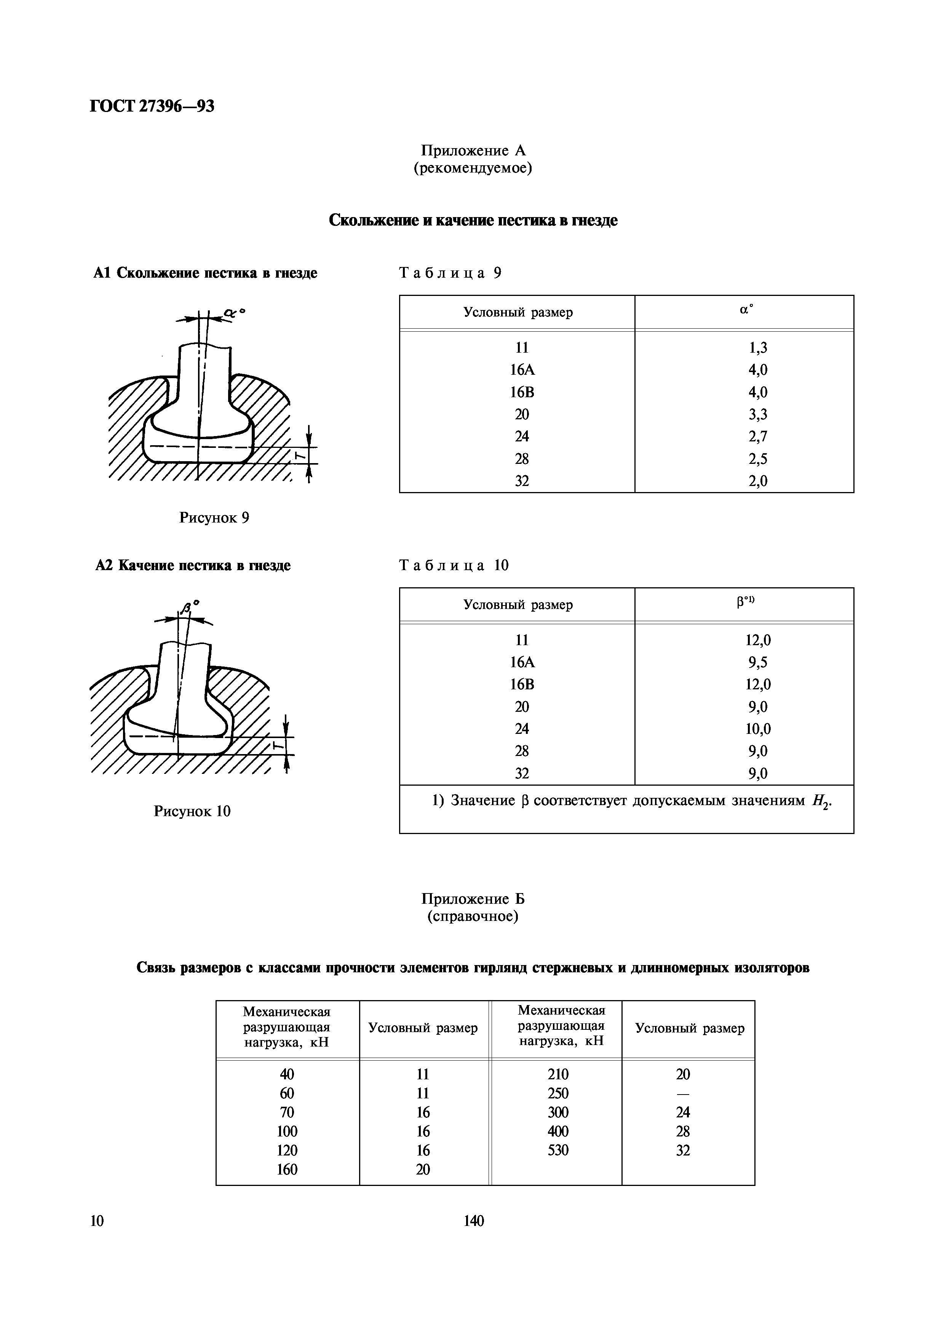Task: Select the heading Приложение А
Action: (x=473, y=151)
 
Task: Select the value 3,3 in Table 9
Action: (x=758, y=414)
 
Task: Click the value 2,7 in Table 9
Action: (x=758, y=436)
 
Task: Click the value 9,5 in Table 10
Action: (x=758, y=662)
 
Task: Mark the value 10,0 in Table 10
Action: (x=758, y=729)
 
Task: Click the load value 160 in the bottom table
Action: (x=287, y=1169)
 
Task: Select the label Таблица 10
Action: (x=454, y=565)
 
